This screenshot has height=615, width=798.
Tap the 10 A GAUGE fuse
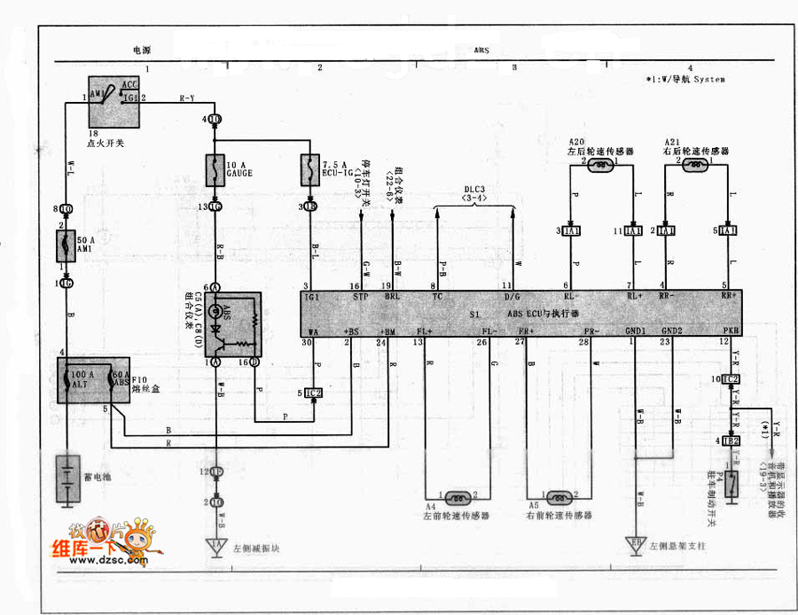pos(215,168)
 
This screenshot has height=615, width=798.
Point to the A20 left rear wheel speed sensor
pos(601,165)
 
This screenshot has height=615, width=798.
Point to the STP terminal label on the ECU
pos(359,297)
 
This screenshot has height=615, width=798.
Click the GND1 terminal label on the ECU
pos(637,331)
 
